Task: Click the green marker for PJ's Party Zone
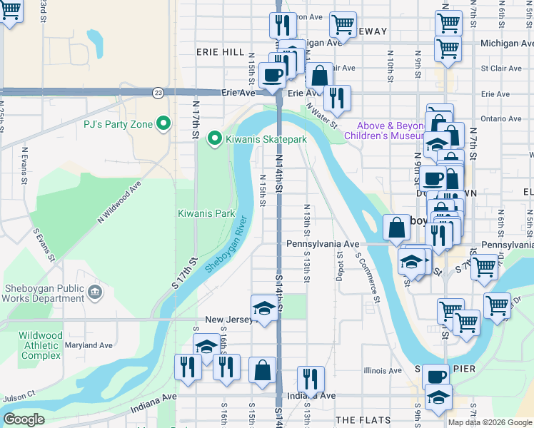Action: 163,124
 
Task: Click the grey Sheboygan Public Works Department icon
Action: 94,291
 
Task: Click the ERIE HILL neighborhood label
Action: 221,53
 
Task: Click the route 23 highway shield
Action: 156,92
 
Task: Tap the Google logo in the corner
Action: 24,419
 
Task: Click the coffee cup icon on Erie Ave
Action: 272,74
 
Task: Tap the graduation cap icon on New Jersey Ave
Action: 264,308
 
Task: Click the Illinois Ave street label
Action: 383,371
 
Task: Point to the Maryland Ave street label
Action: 89,345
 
